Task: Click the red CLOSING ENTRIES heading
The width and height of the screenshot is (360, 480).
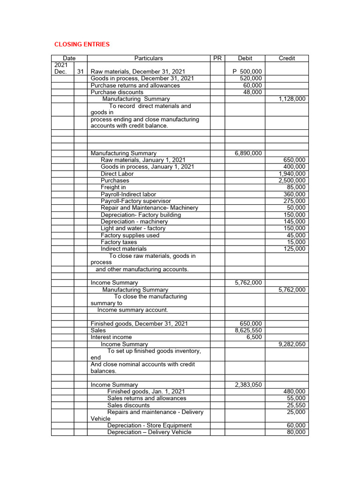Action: point(82,45)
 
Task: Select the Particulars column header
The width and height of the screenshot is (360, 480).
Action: point(149,58)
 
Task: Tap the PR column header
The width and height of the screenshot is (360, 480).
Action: point(217,58)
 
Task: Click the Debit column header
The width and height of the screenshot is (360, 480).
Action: point(245,58)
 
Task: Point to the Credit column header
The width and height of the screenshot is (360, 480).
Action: point(287,58)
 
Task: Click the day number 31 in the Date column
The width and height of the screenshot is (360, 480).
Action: point(80,72)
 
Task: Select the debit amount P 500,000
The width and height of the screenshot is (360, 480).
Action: point(247,72)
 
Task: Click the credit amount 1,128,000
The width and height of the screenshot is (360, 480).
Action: point(292,99)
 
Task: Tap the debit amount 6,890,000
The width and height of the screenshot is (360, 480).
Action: point(248,153)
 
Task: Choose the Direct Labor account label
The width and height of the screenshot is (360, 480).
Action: point(117,174)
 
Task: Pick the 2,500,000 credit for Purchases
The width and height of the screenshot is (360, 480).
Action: point(292,180)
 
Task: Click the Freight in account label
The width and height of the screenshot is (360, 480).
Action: point(113,187)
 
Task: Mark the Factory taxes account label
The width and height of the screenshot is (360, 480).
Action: point(119,242)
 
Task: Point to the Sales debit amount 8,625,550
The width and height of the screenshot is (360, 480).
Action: point(248,330)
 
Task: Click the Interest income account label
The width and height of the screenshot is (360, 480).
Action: point(111,337)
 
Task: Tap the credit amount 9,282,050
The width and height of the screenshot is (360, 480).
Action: point(292,344)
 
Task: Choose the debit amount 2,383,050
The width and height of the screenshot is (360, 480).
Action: point(248,385)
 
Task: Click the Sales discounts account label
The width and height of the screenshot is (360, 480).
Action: point(128,405)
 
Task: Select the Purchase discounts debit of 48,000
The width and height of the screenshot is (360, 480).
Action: point(253,92)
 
